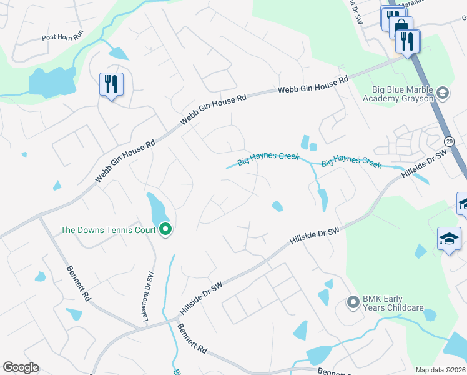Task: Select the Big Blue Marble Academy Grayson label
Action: coord(398,94)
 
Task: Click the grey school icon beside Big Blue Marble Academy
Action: coord(443,93)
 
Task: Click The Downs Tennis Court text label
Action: coord(108,230)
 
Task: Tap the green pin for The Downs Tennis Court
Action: coord(165,230)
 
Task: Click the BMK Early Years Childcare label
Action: coord(393,303)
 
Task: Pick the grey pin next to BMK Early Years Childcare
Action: coord(353,303)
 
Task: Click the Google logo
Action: coord(21,367)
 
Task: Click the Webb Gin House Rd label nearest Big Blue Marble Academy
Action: coord(313,86)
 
